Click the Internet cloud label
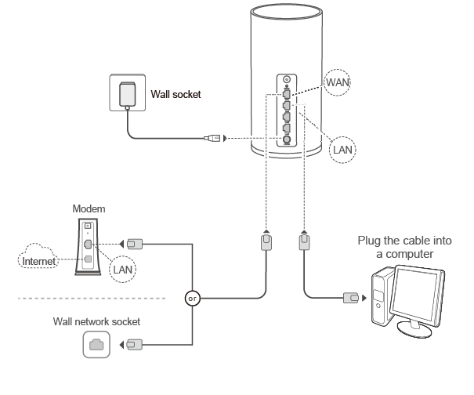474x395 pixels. tap(38, 260)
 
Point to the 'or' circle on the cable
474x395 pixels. tap(192, 298)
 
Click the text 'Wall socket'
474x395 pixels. tap(175, 94)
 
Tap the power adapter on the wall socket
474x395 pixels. tap(125, 94)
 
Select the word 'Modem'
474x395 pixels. tap(89, 209)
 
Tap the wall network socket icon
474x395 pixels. tap(95, 344)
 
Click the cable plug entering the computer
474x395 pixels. tap(351, 298)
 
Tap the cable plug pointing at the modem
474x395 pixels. tap(134, 243)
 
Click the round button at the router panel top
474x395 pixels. tap(287, 79)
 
